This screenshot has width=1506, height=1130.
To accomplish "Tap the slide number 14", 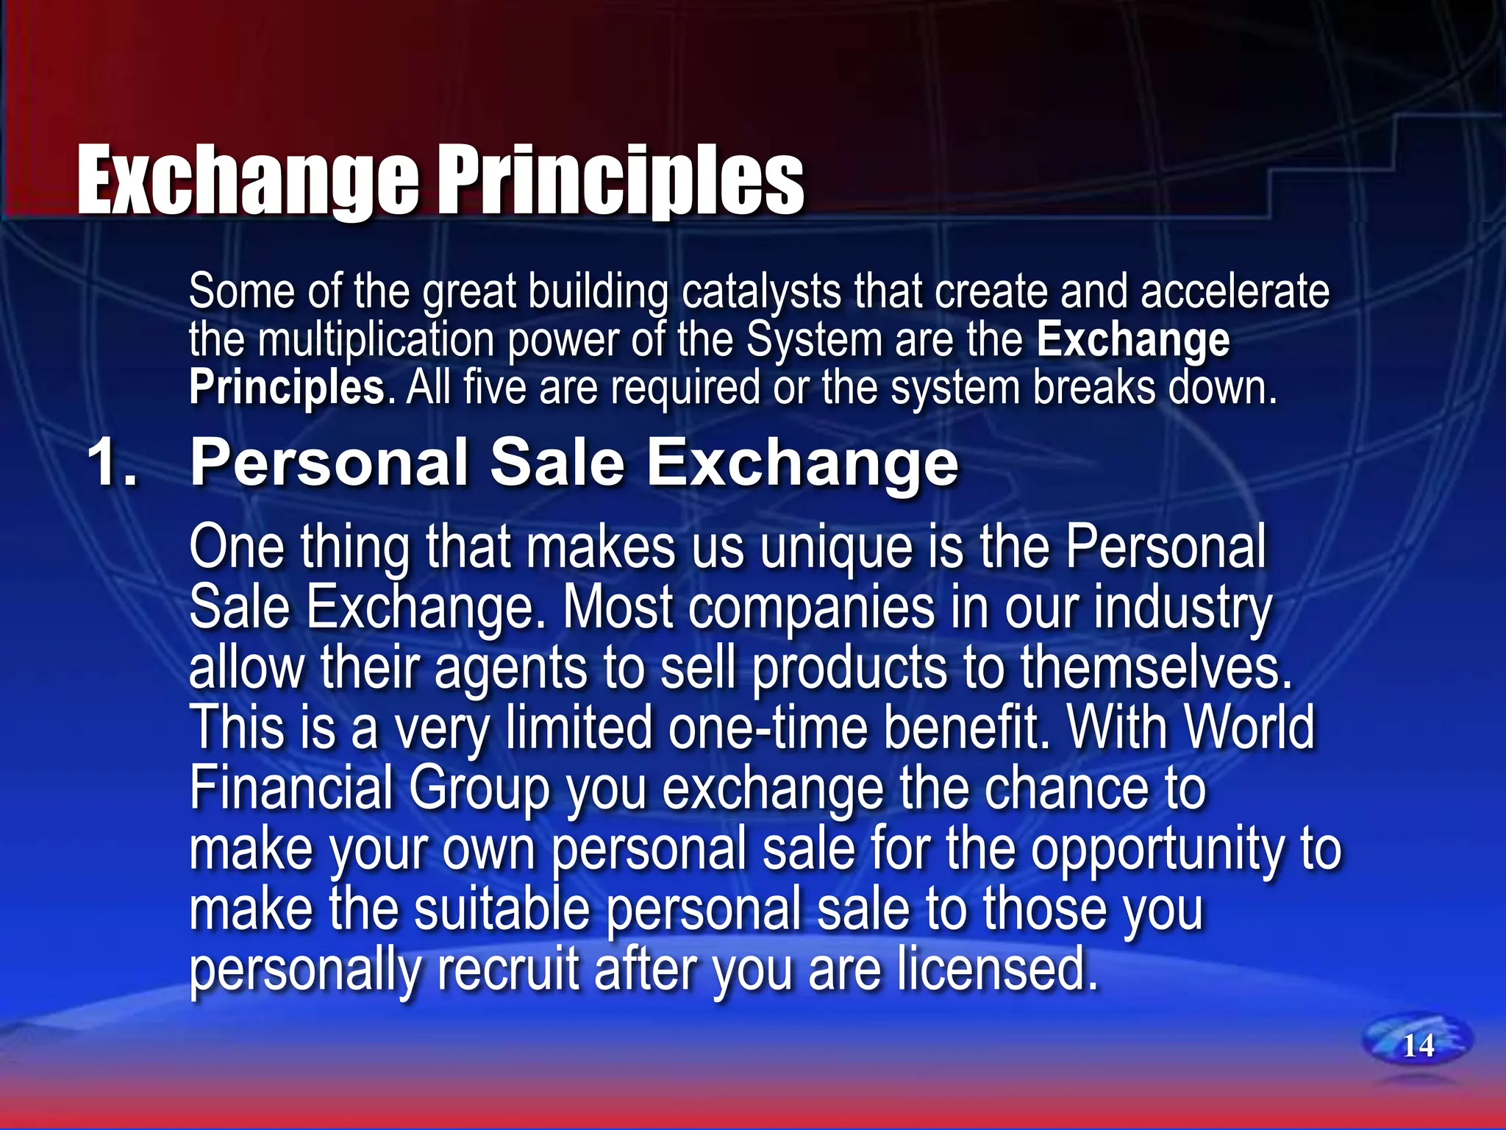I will [1418, 1045].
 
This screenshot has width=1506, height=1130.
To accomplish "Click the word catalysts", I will [761, 292].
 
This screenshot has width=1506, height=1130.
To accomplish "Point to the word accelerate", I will [1235, 291].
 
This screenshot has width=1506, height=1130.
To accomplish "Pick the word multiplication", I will [376, 340].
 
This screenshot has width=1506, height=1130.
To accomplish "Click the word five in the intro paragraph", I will [495, 388].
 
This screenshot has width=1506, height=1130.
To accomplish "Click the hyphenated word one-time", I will [768, 728].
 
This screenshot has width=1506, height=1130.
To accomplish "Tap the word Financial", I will [291, 789].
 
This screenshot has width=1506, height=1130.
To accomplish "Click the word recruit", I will [508, 970].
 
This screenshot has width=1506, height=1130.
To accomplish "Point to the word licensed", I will [997, 970].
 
